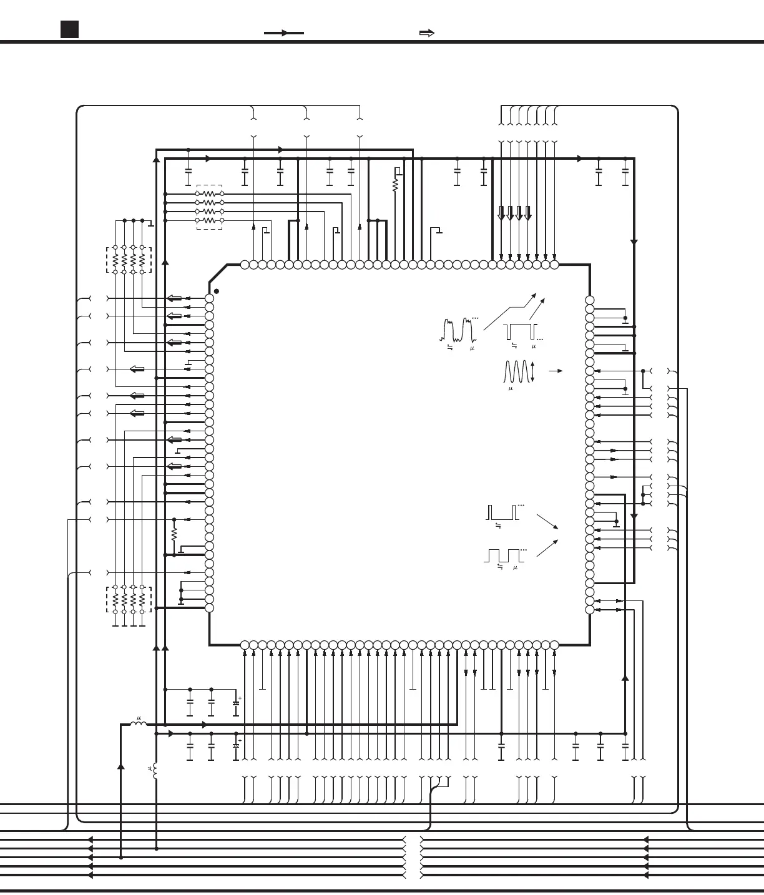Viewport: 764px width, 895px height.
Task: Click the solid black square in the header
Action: (69, 29)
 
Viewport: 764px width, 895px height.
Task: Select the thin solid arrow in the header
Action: (284, 33)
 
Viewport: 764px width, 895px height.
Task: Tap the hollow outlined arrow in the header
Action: (427, 33)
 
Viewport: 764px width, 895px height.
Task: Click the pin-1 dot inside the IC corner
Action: (217, 291)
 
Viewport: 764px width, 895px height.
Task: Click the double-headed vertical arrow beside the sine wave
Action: (532, 372)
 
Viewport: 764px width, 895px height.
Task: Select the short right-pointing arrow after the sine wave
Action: (556, 371)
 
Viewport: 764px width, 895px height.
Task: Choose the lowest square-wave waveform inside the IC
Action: (504, 555)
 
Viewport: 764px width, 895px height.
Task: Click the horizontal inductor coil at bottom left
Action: (138, 724)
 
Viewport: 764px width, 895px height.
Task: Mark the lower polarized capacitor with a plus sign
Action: (236, 746)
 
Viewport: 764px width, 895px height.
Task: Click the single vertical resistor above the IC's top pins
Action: (394, 185)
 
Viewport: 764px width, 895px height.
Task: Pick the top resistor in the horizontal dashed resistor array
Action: (209, 193)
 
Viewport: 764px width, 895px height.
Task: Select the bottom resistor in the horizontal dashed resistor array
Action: (209, 220)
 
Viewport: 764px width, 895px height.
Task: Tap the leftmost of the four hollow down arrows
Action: (501, 213)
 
